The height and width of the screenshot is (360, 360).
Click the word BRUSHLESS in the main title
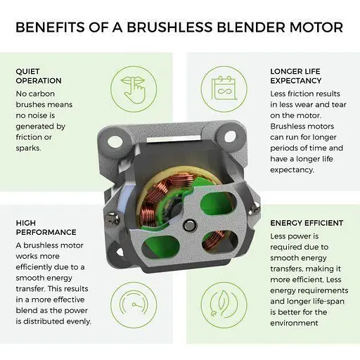coord(169,27)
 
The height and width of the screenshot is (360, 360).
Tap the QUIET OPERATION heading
coord(39,76)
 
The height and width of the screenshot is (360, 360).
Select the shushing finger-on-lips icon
coord(134,89)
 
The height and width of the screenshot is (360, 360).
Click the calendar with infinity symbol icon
coord(224,89)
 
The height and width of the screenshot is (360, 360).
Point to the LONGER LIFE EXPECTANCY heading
coord(296,76)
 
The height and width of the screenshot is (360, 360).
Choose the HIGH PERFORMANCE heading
coord(46,227)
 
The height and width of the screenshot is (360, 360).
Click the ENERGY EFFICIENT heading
coord(307,223)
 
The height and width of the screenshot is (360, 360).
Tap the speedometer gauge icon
coord(134,305)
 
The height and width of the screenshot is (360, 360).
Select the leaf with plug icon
coord(224,305)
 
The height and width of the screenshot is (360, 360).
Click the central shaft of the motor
coord(189,225)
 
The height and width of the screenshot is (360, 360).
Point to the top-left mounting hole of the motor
coord(115,141)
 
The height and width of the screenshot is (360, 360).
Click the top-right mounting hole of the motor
coord(230,136)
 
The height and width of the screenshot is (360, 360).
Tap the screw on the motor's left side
coord(112,219)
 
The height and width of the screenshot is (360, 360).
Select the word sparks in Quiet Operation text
coord(28,148)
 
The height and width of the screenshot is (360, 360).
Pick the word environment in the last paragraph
coord(294,323)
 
